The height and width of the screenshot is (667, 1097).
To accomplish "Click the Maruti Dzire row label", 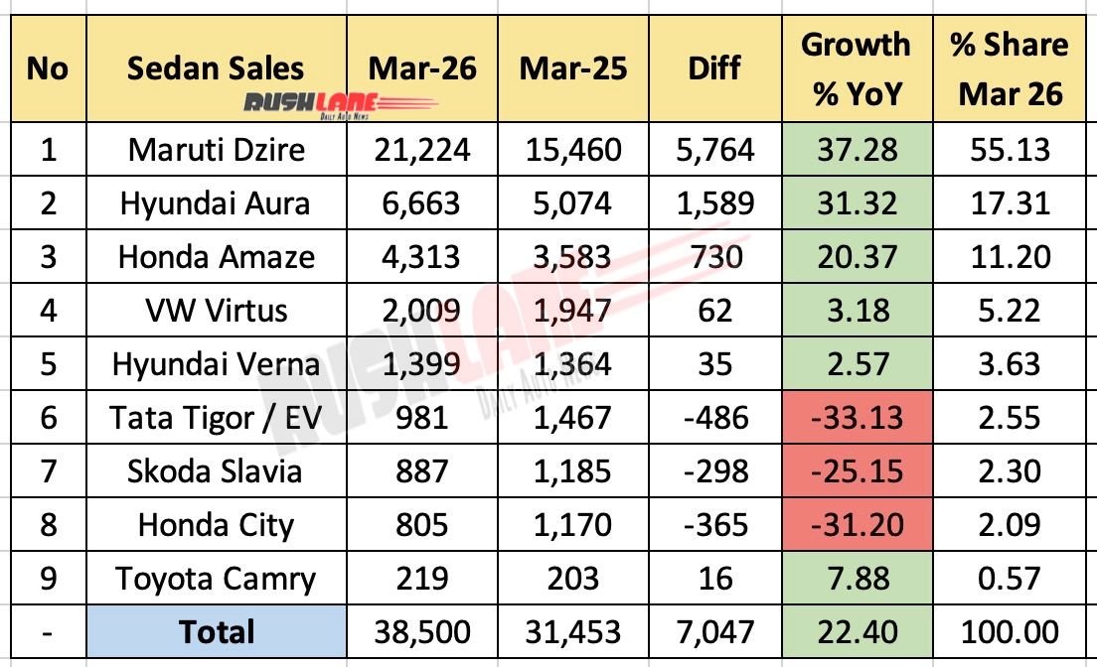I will click(x=216, y=150).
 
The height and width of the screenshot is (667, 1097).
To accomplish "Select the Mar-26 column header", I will click(x=422, y=67).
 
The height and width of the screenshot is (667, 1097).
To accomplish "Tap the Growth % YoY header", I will click(x=855, y=68).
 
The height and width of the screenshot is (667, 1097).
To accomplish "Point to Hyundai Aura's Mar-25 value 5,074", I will click(x=571, y=203).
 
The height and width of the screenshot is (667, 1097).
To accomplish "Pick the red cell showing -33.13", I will click(x=855, y=418).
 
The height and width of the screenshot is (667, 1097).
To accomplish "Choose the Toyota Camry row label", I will click(x=216, y=579).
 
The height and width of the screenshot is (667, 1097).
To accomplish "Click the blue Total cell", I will click(x=216, y=632).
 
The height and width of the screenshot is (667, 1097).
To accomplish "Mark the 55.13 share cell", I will click(x=1009, y=150).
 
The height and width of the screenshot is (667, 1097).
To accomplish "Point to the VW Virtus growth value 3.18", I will click(x=855, y=311).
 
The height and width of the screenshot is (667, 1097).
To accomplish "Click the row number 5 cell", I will click(x=48, y=364).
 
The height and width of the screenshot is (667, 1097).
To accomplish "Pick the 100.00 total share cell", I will click(x=1009, y=632).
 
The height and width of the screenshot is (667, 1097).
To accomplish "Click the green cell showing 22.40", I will click(x=855, y=632).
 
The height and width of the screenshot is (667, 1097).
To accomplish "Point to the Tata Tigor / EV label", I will click(x=216, y=418).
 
